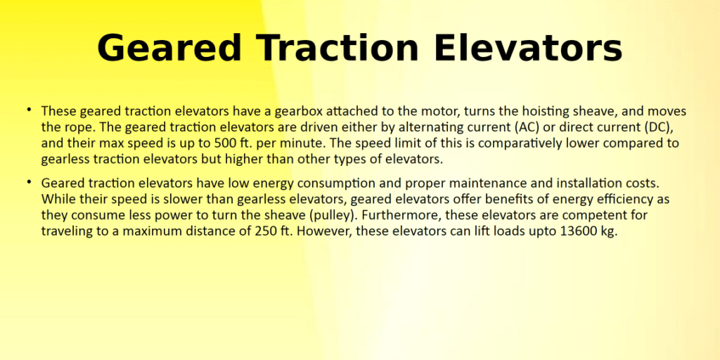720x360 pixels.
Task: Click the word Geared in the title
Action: point(169,48)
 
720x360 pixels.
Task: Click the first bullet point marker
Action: point(29,109)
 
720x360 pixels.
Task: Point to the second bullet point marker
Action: point(29,182)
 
